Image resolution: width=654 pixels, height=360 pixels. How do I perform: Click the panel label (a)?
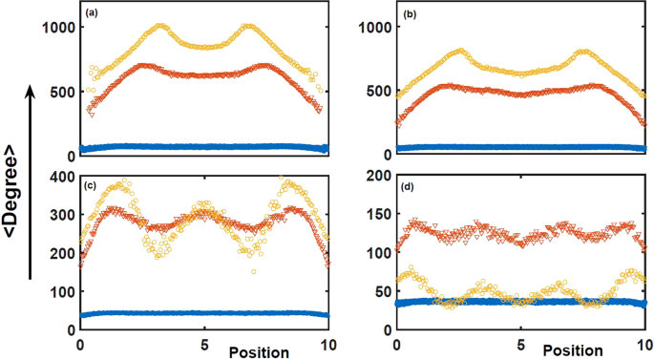click(91, 13)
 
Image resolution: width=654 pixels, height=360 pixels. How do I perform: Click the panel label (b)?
click(406, 14)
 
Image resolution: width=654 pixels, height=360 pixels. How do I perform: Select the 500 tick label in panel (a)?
click(62, 92)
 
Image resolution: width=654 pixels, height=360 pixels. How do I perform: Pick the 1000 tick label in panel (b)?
click(372, 28)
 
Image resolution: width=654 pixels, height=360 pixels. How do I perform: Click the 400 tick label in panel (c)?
click(62, 178)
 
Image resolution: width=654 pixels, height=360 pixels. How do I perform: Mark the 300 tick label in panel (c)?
click(62, 216)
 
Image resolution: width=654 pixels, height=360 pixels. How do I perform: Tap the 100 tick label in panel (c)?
click(62, 292)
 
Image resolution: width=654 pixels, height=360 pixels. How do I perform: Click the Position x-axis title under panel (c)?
click(260, 352)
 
